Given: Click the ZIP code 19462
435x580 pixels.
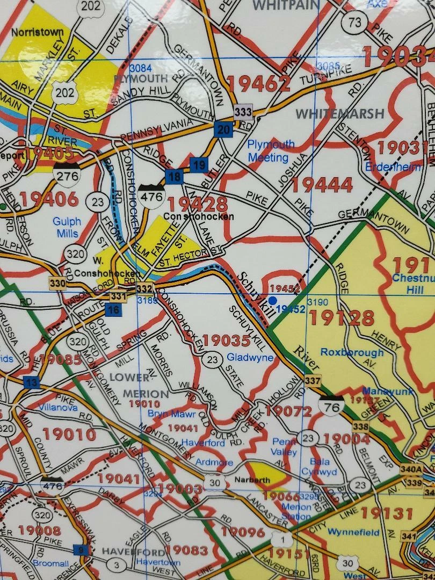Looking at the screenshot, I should tap(258, 83).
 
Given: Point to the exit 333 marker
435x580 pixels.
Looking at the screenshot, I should tap(243, 112).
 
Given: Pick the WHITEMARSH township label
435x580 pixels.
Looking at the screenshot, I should tap(340, 114).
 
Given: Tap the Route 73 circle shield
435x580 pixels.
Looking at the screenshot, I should tap(355, 22).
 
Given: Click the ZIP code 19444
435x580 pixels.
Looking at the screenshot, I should tap(322, 185).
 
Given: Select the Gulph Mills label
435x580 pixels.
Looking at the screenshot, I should tap(67, 227).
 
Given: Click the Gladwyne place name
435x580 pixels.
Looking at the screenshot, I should tap(250, 357).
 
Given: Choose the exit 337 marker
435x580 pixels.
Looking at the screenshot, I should tap(312, 381).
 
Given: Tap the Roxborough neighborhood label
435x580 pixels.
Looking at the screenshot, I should tap(352, 352).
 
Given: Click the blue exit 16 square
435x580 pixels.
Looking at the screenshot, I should tap(113, 309).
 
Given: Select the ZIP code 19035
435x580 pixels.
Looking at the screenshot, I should tap(227, 340).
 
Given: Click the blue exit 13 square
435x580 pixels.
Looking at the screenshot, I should tap(32, 382).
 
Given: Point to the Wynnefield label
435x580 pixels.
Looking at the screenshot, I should tap(353, 533).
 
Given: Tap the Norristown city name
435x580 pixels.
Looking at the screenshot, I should tap(37, 32).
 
